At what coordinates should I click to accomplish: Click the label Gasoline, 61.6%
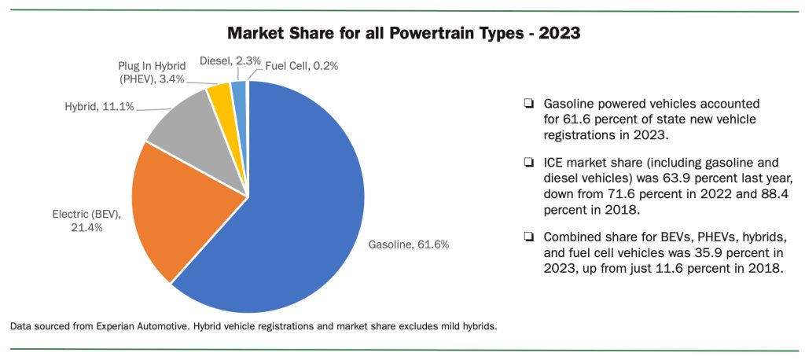pos(409,245)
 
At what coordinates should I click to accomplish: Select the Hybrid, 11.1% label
pos(99,107)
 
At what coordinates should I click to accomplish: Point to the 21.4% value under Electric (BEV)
pos(86,227)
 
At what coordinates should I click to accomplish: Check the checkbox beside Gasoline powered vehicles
pos(527,103)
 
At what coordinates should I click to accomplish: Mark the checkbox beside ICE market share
pos(527,163)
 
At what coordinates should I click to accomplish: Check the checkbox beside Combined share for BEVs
pos(527,237)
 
